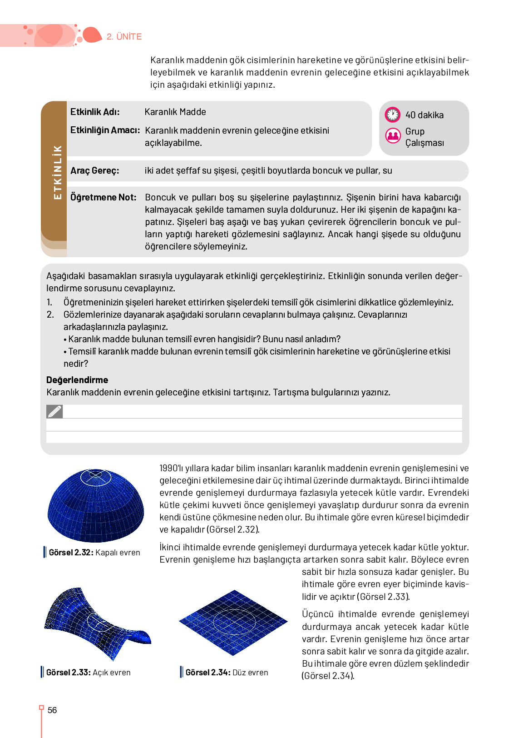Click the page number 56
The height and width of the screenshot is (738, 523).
52,710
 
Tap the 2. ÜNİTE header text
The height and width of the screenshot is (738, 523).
124,37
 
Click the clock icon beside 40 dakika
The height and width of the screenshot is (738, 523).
392,115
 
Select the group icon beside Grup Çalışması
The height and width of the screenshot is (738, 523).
393,135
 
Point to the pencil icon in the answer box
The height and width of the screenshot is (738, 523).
54,411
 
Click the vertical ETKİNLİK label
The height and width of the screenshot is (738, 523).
57,172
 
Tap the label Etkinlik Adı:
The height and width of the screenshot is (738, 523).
95,112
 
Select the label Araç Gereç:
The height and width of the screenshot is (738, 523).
94,170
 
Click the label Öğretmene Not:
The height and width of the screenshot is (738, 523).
103,197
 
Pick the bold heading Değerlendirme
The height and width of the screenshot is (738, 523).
77,380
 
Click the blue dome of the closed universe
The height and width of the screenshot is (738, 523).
96,505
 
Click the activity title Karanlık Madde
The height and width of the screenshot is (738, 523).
175,112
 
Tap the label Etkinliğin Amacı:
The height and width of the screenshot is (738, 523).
105,130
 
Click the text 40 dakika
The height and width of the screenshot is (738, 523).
424,115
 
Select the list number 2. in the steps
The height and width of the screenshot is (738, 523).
50,314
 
